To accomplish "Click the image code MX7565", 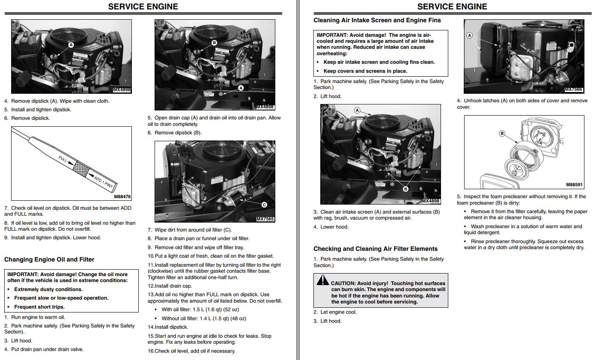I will (x=265, y=219).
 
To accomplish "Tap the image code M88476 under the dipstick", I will (x=122, y=197).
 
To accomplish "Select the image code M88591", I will (x=574, y=185).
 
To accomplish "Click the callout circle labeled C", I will (x=264, y=205).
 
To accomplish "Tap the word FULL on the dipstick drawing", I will (x=63, y=160).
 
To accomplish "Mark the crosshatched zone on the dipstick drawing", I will (x=80, y=168).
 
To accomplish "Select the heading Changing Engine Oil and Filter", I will (x=49, y=259).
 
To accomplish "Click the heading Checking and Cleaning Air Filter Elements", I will (x=375, y=249).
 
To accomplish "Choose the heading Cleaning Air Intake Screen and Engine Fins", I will (x=377, y=20).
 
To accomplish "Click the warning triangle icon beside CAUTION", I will (x=322, y=280).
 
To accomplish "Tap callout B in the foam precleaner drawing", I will (x=502, y=134).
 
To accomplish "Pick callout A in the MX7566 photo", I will (x=470, y=36).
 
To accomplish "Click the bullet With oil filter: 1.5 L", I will (x=200, y=309).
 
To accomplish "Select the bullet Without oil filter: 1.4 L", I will (x=204, y=318).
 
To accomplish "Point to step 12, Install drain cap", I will (x=170, y=286).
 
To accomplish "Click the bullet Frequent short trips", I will (x=39, y=307).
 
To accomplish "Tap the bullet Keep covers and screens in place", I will (x=365, y=71).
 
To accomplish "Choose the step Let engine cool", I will (x=335, y=312).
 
